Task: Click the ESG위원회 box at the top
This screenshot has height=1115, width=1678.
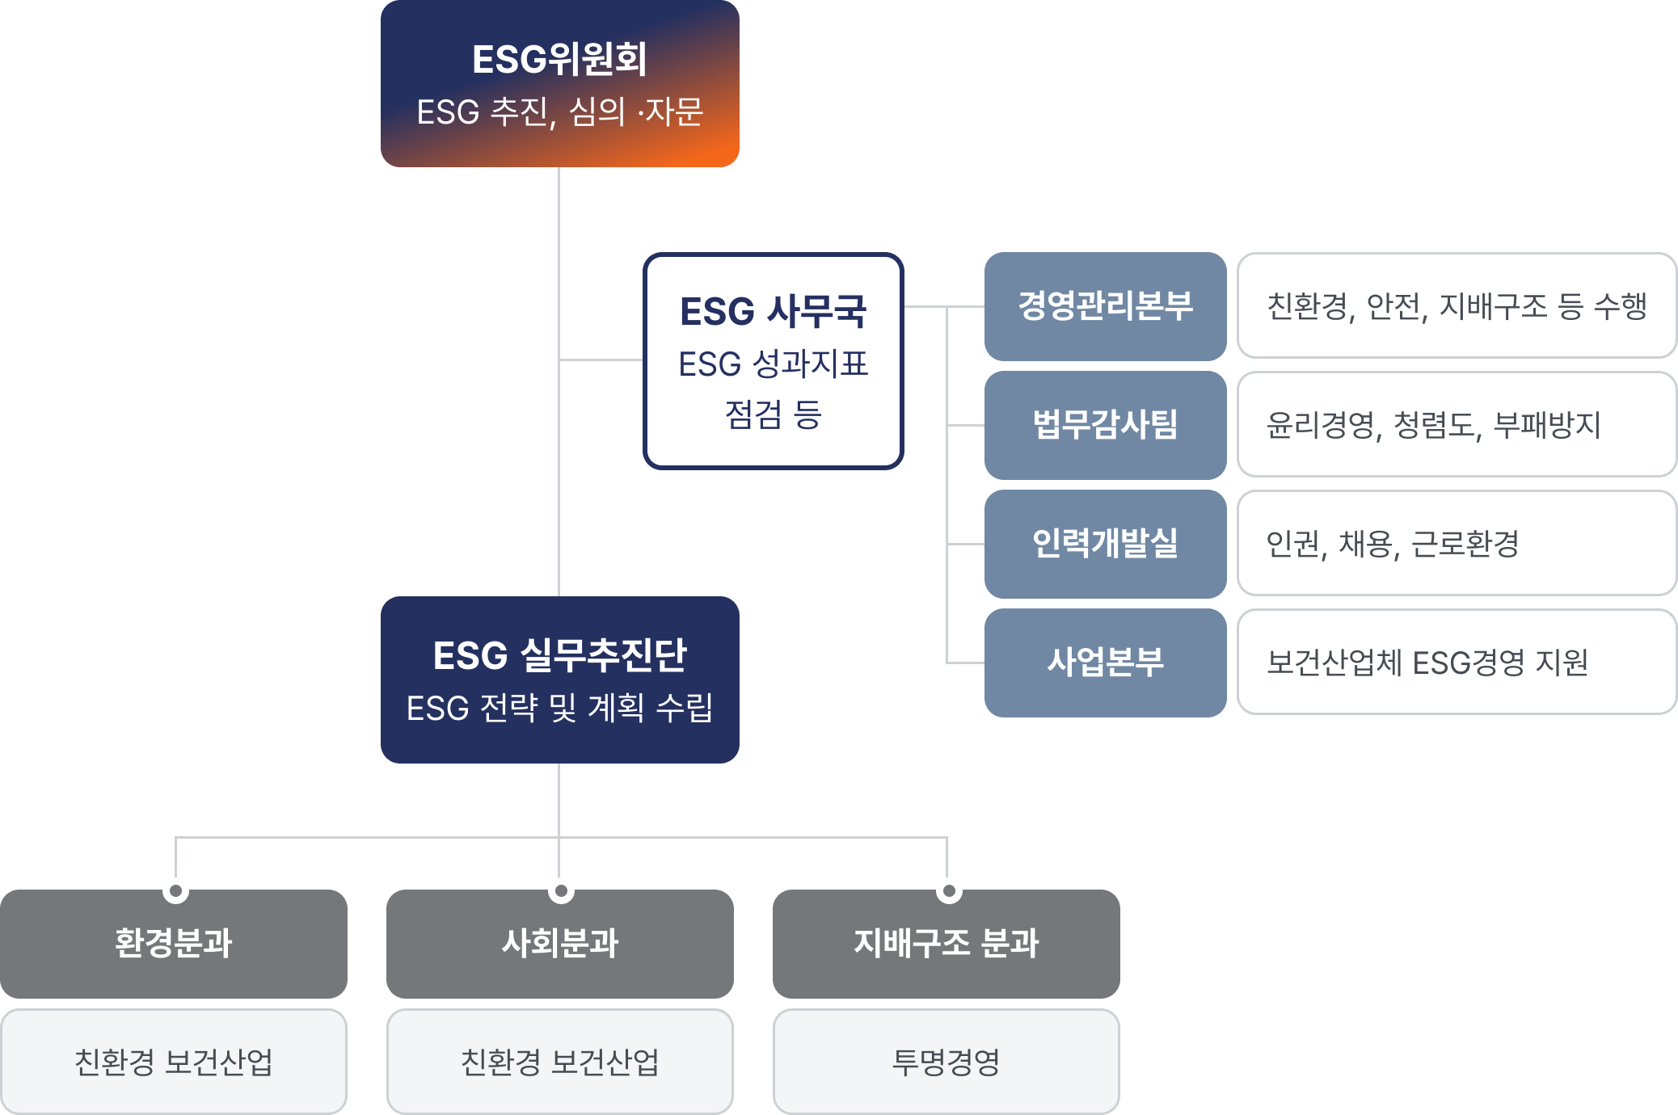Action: coord(559,83)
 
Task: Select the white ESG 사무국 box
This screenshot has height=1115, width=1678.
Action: coord(773,360)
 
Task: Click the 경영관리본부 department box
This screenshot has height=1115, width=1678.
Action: coord(1105,306)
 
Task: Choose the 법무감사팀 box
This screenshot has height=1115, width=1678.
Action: coord(1105,425)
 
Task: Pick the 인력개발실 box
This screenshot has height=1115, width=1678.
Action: coord(1105,544)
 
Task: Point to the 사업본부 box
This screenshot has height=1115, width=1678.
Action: coord(1105,663)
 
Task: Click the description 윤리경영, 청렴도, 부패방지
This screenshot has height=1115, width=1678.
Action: coord(1433,425)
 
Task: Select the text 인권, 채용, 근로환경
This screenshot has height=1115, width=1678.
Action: coord(1392,544)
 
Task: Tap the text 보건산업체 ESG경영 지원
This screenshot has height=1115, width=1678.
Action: coord(1427,663)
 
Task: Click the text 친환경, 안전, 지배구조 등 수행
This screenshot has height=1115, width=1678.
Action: coord(1457,306)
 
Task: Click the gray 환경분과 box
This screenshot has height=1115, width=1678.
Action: coord(174,943)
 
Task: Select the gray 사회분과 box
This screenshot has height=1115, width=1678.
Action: coord(559,943)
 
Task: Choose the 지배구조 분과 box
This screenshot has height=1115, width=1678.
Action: coord(946,943)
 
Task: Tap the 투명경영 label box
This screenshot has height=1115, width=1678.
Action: coord(946,1062)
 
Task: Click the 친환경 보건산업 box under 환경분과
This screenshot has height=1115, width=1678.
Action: coord(174,1062)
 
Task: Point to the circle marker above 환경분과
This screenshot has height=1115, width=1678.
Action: coord(175,890)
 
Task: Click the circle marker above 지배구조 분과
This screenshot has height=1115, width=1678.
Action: coord(949,890)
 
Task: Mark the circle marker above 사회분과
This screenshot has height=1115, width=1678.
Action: coord(561,890)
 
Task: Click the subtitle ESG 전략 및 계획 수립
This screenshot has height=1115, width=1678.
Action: coord(559,709)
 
